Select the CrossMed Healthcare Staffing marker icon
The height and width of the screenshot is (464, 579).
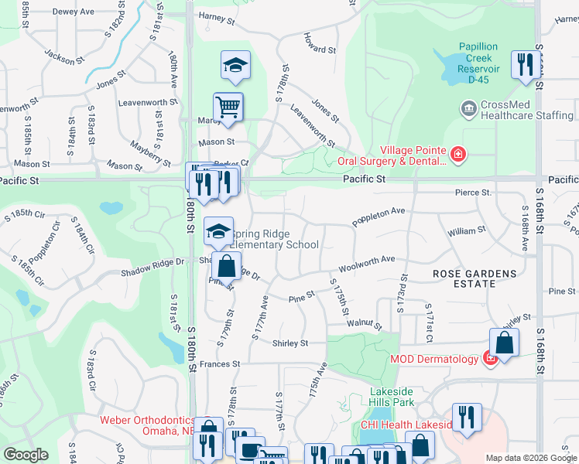[468, 110]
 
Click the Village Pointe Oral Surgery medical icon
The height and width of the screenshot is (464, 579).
[459, 155]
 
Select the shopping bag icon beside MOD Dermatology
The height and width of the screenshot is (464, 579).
[504, 343]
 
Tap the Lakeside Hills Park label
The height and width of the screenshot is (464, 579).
[392, 397]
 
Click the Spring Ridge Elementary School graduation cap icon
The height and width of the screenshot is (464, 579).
[219, 231]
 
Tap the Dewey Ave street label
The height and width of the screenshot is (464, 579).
[75, 12]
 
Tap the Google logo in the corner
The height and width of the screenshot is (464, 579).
[26, 455]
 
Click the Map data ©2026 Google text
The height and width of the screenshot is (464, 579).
[530, 458]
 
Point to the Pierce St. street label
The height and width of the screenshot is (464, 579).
[474, 193]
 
